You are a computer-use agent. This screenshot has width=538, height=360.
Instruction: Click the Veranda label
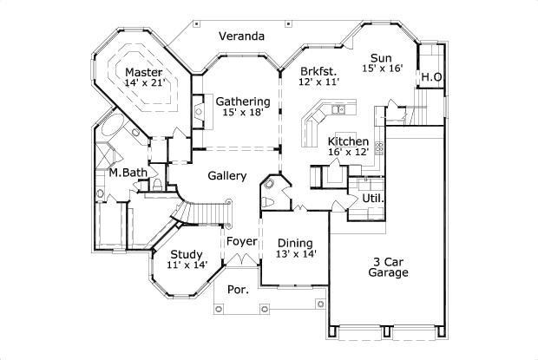(241, 36)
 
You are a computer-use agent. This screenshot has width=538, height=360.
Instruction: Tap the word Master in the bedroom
(143, 72)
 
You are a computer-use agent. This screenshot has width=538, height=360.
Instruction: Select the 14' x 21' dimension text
(143, 84)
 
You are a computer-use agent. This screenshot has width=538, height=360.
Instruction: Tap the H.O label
(431, 78)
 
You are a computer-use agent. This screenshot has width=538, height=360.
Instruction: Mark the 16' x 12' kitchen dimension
(349, 153)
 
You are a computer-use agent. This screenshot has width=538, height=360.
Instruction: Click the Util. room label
(372, 199)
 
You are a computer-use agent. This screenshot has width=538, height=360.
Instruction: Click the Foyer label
(242, 242)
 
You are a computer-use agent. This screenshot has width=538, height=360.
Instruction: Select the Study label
(187, 254)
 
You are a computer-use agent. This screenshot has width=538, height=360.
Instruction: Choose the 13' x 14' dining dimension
(296, 254)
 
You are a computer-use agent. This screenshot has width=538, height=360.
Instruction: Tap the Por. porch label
(236, 289)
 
